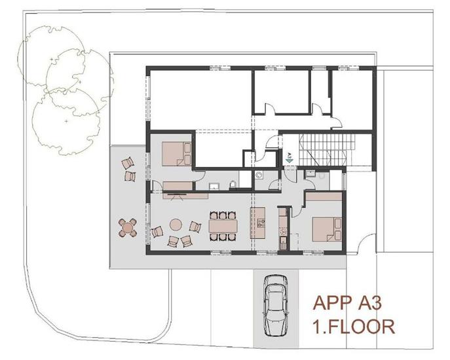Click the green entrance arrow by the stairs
(x=289, y=158)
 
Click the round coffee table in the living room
(x=176, y=224)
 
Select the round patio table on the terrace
(x=127, y=227)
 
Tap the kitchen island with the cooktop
(x=260, y=223)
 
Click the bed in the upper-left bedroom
(x=176, y=153)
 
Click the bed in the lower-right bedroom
(x=325, y=228)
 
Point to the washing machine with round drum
(x=259, y=175)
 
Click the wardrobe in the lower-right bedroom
(x=322, y=196)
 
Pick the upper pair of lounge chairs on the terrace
(x=128, y=168)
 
